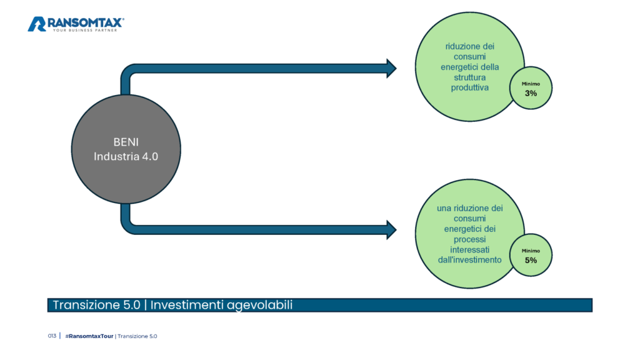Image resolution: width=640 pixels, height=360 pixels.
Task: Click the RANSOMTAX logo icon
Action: click(x=37, y=24)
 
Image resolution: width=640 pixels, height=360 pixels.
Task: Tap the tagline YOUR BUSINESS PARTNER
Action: click(x=85, y=30)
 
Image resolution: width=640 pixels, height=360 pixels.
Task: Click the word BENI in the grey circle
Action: click(x=126, y=142)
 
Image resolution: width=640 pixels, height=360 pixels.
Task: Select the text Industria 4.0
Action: click(x=126, y=156)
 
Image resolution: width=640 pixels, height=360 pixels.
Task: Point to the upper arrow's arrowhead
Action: click(x=391, y=68)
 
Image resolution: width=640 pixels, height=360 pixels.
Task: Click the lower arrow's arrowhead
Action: click(x=391, y=230)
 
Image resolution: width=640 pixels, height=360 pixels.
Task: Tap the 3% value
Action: click(x=531, y=94)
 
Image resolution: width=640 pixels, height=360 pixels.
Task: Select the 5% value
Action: click(x=531, y=261)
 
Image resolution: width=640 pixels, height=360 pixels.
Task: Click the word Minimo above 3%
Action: click(x=531, y=84)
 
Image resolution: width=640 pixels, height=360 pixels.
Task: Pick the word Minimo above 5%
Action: click(x=531, y=251)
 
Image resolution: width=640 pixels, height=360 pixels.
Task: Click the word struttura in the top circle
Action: click(x=470, y=77)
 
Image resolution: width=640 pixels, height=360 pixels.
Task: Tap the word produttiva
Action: click(x=470, y=87)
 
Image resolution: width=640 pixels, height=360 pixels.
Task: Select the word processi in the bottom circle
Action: click(x=470, y=239)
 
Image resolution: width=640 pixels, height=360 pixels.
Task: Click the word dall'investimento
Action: click(x=470, y=260)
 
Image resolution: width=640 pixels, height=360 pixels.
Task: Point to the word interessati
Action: click(x=470, y=250)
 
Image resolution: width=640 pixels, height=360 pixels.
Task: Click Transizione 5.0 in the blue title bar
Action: click(x=97, y=305)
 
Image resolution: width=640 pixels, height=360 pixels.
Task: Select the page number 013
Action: click(x=52, y=336)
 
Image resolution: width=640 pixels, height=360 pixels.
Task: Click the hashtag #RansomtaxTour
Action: click(x=89, y=336)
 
